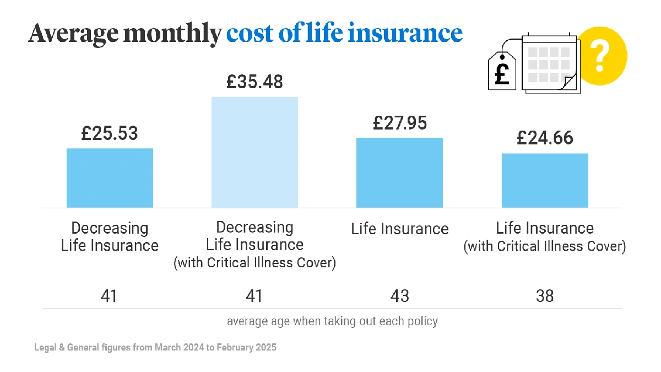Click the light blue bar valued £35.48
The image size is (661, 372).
click(x=254, y=152)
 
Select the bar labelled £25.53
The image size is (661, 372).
click(x=110, y=177)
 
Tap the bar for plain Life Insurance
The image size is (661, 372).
click(x=399, y=172)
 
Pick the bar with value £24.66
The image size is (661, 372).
click(x=545, y=180)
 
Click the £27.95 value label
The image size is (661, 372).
click(x=399, y=123)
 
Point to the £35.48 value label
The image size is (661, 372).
click(x=254, y=82)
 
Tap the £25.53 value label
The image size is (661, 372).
click(x=110, y=133)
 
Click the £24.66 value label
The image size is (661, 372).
click(x=545, y=138)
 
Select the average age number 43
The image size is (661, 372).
click(x=399, y=296)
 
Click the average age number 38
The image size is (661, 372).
click(x=545, y=296)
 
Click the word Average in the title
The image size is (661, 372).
click(x=73, y=34)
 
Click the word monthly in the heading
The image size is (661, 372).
click(x=172, y=34)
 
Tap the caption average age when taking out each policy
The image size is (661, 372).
click(x=332, y=321)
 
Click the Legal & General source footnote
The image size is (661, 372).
click(x=155, y=348)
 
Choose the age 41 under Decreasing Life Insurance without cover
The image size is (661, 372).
click(x=109, y=296)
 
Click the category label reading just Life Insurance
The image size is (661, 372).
click(x=400, y=229)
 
